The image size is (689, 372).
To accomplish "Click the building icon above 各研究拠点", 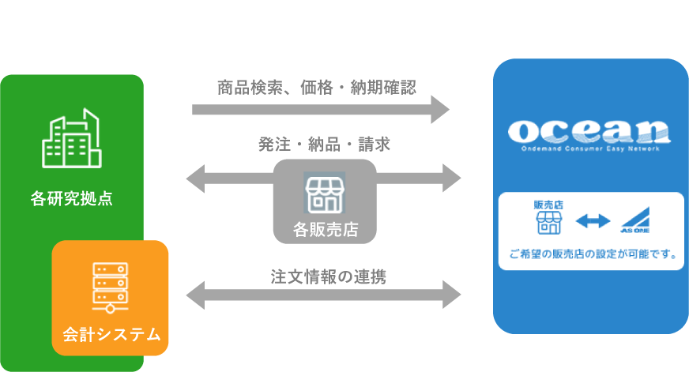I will click(x=71, y=141).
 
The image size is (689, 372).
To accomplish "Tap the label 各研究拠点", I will click(x=71, y=198).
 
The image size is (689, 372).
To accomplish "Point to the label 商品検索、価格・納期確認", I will click(x=316, y=87).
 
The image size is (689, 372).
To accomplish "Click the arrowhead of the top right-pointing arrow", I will click(x=440, y=108).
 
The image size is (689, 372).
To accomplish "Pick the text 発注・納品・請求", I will click(x=324, y=145).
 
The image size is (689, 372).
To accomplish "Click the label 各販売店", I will click(x=325, y=230).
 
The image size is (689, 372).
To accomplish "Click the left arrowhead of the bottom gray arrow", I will click(x=196, y=295).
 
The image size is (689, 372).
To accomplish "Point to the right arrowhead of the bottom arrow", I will click(x=451, y=295).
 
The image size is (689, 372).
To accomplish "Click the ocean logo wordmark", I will click(x=589, y=130).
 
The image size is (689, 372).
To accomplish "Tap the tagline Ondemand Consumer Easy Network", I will click(x=589, y=147).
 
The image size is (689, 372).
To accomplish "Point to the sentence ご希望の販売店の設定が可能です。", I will click(x=591, y=254).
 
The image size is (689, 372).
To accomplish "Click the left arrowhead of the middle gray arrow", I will click(x=196, y=177).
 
